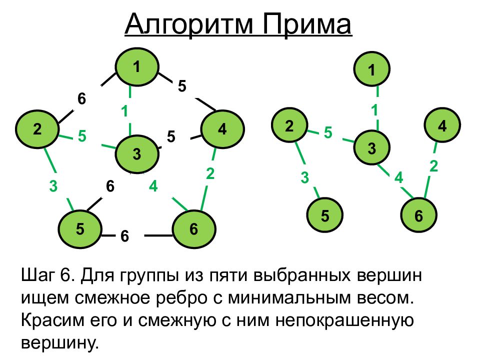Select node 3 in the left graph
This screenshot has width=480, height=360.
click(137, 154)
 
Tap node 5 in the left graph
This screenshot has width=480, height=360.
click(80, 229)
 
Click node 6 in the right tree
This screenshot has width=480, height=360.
click(419, 215)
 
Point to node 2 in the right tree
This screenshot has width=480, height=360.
click(289, 126)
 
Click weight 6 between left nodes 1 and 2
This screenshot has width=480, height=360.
click(81, 99)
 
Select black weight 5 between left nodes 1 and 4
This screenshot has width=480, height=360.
click(181, 86)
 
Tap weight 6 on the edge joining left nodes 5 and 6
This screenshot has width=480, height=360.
click(124, 236)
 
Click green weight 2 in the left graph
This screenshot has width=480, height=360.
click(210, 173)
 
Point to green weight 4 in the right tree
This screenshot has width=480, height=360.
click(398, 177)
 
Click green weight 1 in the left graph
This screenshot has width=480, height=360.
click(124, 110)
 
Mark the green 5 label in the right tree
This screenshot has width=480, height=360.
click(328, 132)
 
